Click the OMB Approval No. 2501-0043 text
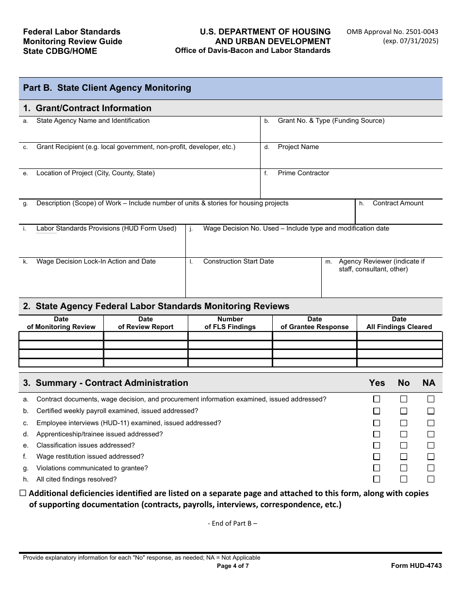click(x=392, y=32)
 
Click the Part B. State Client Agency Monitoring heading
click(x=107, y=88)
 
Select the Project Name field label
click(x=298, y=147)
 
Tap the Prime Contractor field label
click(x=303, y=173)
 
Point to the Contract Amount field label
click(x=398, y=203)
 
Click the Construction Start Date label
click(x=238, y=262)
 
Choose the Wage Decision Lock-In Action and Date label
click(x=96, y=262)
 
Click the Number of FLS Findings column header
click(x=230, y=323)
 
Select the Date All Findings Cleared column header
click(x=399, y=323)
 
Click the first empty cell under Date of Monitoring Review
click(x=61, y=336)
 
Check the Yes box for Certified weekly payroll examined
click(x=377, y=411)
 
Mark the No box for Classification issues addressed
click(x=404, y=446)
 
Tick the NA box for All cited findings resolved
click(x=430, y=479)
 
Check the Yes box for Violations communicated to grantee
click(x=377, y=468)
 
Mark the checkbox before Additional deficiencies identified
click(x=23, y=493)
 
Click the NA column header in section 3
click(x=429, y=383)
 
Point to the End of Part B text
click(x=232, y=523)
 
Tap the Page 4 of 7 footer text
click(x=233, y=565)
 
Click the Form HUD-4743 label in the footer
click(x=416, y=565)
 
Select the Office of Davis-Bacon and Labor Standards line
click(x=253, y=50)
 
